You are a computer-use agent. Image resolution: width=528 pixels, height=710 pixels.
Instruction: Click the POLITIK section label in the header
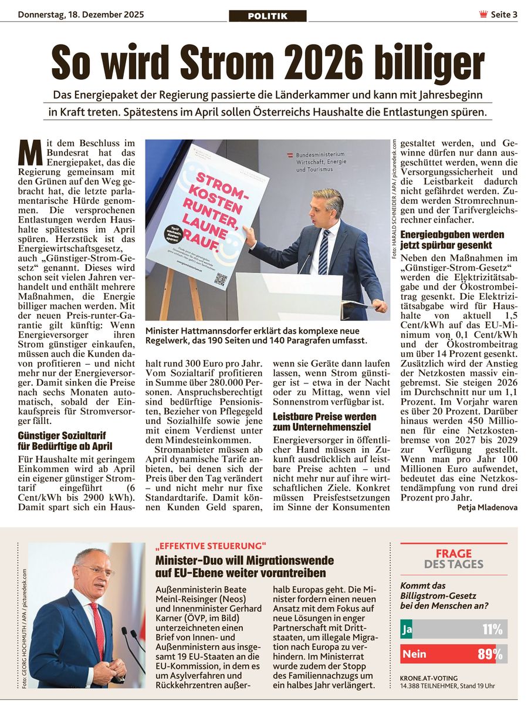pyautogui.click(x=268, y=16)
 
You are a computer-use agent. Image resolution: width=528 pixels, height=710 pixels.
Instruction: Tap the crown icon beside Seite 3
pyautogui.click(x=483, y=15)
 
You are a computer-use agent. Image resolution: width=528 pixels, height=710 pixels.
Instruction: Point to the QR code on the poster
pyautogui.click(x=221, y=279)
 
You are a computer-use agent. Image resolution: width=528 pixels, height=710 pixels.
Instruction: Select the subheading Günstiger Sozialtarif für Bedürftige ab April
pyautogui.click(x=65, y=440)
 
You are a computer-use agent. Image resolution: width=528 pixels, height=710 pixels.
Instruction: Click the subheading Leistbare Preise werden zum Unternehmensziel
pyautogui.click(x=324, y=422)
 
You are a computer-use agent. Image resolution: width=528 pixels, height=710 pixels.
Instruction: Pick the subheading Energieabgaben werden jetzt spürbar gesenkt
pyautogui.click(x=452, y=240)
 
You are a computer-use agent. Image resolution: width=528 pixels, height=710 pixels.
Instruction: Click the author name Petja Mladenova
pyautogui.click(x=487, y=507)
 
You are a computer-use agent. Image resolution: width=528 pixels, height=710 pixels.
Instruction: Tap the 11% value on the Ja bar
pyautogui.click(x=492, y=630)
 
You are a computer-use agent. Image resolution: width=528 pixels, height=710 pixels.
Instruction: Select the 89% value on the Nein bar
pyautogui.click(x=490, y=654)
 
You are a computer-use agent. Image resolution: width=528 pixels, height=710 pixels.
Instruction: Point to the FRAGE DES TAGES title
pyautogui.click(x=453, y=558)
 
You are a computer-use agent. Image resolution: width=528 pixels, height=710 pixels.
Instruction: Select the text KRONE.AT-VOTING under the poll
pyautogui.click(x=428, y=678)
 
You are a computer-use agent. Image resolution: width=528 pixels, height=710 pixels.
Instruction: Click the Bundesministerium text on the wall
pyautogui.click(x=320, y=154)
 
